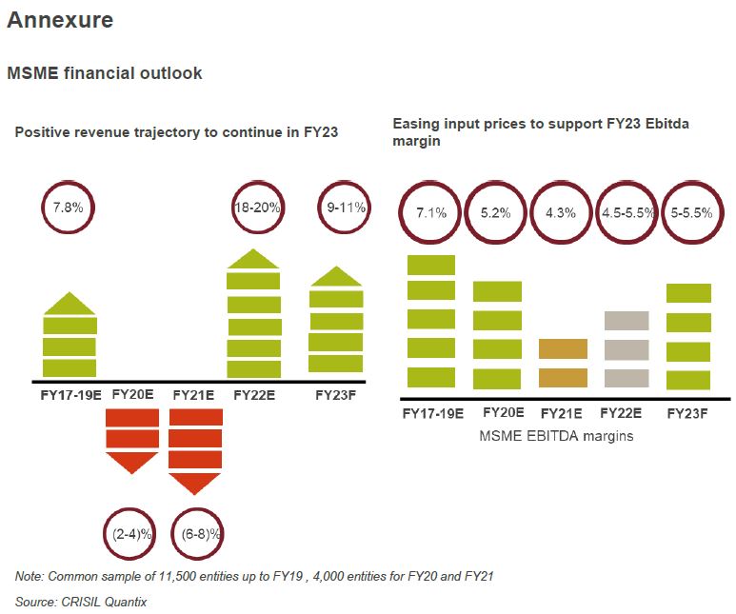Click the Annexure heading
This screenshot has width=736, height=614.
tap(60, 19)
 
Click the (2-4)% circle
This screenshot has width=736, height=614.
tap(129, 533)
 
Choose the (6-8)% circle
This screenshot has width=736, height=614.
tap(197, 533)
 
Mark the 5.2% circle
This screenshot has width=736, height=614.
tap(496, 212)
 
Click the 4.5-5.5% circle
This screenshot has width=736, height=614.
tap(627, 212)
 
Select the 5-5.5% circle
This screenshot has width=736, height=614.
tap(691, 212)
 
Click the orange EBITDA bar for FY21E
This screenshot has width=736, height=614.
tap(563, 363)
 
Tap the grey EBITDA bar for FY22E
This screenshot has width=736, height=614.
tap(627, 348)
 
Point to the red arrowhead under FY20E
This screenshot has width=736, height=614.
tap(131, 464)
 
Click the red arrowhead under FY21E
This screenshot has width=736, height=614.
tap(195, 483)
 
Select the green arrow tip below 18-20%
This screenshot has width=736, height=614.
tap(254, 259)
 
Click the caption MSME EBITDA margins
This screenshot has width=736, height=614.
tap(555, 436)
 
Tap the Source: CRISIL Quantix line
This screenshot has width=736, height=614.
tap(81, 602)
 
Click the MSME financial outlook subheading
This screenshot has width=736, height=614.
tap(105, 73)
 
